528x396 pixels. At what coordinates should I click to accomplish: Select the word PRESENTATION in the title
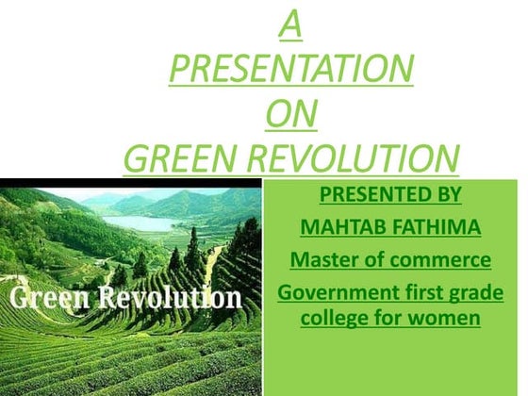pos(290,70)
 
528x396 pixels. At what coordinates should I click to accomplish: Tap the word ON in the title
pos(290,114)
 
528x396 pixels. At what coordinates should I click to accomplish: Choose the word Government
pos(332,292)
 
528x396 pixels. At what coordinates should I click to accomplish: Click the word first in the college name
pos(416,292)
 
